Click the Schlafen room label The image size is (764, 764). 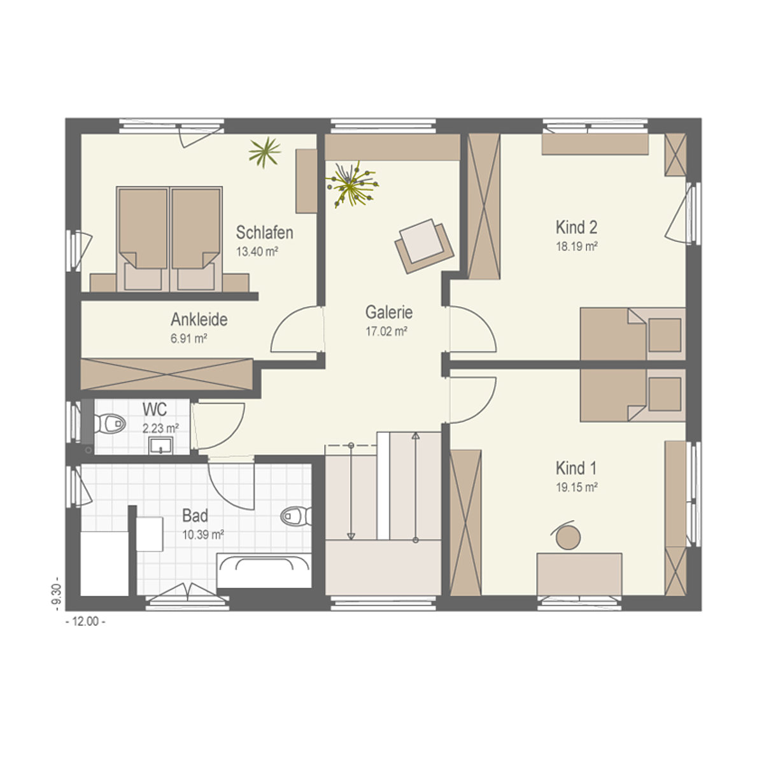click(x=264, y=233)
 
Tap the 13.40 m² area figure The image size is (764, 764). click(x=257, y=251)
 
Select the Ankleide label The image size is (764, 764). click(x=199, y=320)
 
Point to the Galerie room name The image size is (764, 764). click(x=389, y=313)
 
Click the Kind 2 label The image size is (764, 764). click(x=576, y=227)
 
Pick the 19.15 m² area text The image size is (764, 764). click(x=577, y=487)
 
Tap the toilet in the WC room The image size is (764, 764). click(x=110, y=423)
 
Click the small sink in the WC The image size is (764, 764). click(x=160, y=445)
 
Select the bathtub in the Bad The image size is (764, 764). click(x=264, y=571)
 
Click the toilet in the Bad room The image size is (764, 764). click(x=296, y=516)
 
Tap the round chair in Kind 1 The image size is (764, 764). click(x=568, y=537)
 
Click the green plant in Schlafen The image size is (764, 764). click(x=265, y=152)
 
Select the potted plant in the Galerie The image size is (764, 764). click(x=351, y=185)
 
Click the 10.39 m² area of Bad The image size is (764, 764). click(x=203, y=535)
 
